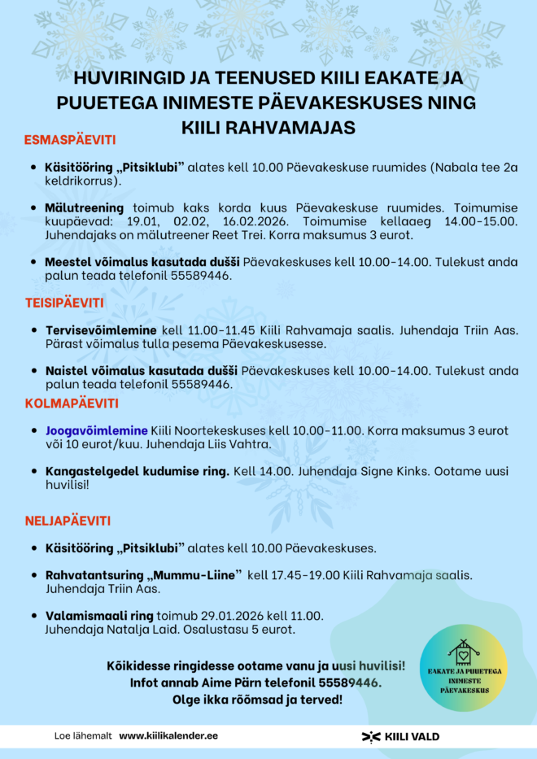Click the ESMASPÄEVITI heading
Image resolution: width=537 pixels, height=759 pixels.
coord(70,139)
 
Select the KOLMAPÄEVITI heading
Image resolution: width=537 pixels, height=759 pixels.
coord(72,403)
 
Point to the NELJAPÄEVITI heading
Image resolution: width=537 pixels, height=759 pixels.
coord(68,521)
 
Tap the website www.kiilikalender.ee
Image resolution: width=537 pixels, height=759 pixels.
coord(168,735)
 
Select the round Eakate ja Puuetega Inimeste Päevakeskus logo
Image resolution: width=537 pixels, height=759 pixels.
coord(465,668)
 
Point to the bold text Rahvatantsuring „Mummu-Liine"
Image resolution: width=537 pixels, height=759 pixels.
coord(143,575)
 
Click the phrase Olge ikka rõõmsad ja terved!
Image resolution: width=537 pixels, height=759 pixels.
coord(257,699)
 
